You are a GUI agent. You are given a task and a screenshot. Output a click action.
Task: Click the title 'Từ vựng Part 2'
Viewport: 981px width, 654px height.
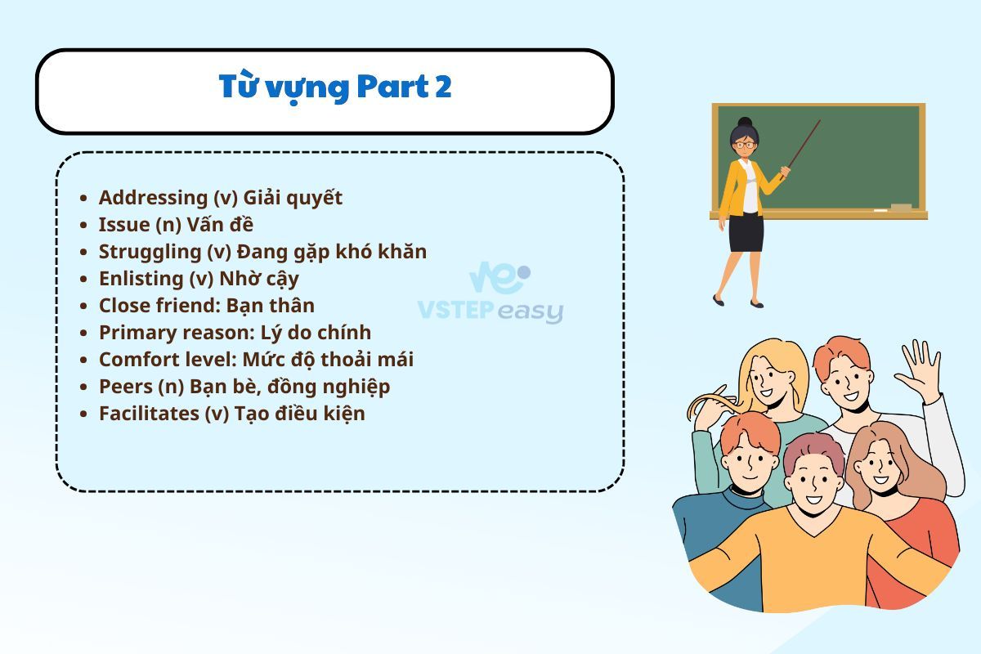(x=335, y=87)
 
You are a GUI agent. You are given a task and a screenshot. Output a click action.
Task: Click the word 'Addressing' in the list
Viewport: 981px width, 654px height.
(x=154, y=198)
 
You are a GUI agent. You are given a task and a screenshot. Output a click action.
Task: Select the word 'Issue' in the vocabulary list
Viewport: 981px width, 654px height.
(x=124, y=225)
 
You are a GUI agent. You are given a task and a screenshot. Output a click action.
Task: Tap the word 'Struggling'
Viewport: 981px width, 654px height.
(x=150, y=253)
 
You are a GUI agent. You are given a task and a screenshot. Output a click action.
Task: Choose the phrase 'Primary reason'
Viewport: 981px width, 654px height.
(x=174, y=333)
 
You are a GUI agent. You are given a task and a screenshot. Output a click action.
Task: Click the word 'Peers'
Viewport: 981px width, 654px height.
(x=126, y=387)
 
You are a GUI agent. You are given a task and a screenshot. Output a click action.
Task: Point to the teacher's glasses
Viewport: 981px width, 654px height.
(x=745, y=145)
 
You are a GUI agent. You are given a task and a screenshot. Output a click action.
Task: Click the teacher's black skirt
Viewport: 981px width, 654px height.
(x=746, y=232)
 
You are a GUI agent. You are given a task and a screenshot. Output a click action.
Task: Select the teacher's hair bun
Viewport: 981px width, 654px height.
(x=745, y=122)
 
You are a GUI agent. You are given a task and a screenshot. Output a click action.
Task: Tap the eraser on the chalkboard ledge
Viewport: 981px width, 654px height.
(x=901, y=207)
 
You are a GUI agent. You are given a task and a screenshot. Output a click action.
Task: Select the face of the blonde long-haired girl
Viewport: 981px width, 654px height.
(x=769, y=378)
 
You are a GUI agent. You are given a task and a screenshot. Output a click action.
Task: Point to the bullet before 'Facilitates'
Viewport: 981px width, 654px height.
(x=83, y=414)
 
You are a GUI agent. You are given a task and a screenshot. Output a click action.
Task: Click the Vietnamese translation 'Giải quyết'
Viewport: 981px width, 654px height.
(x=293, y=198)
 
